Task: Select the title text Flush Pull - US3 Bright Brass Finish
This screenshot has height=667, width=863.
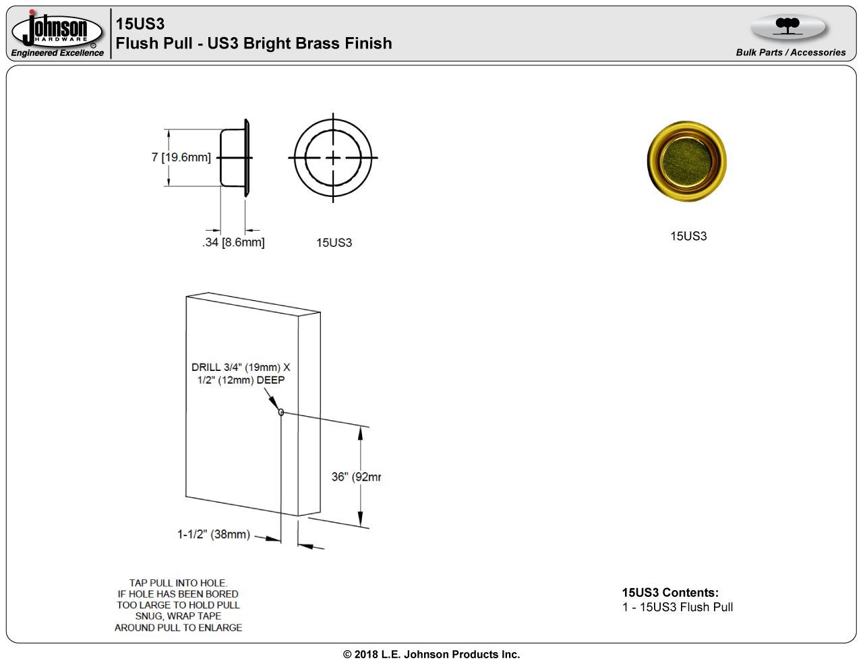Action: tap(254, 43)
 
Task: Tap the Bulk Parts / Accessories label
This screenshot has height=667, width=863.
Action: tap(790, 53)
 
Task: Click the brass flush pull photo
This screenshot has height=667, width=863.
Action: tap(686, 161)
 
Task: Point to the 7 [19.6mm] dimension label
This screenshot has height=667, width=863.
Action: tap(181, 157)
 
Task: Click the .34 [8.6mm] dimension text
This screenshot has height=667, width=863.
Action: tap(233, 242)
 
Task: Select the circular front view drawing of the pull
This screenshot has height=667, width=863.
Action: tap(333, 158)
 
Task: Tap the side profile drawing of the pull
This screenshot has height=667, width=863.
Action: tap(235, 158)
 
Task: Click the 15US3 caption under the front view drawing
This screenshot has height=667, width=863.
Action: tap(334, 243)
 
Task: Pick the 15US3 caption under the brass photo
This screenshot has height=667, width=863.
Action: tap(688, 236)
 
